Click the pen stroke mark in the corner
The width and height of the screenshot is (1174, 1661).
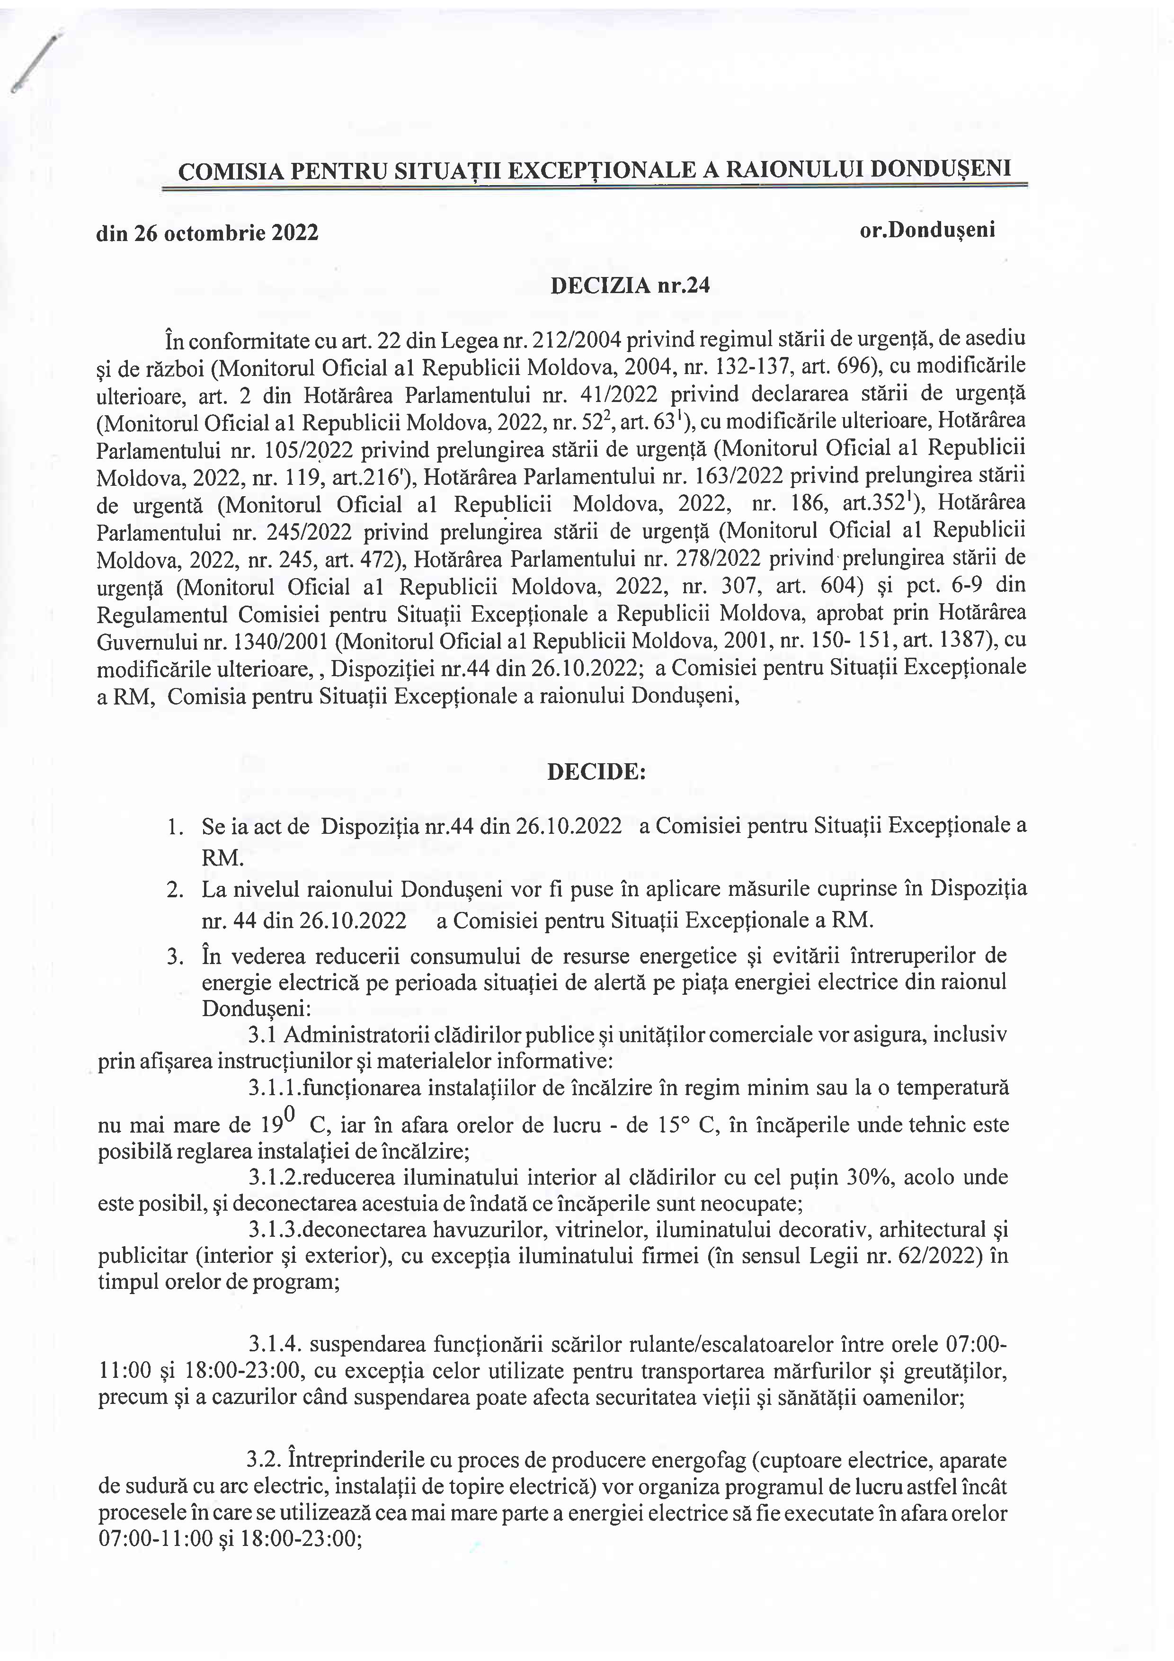click(35, 63)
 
